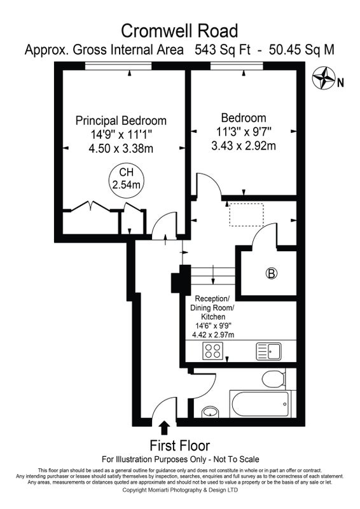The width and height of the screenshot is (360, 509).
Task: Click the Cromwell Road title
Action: [x=179, y=31]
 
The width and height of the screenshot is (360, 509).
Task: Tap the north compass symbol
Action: [x=323, y=78]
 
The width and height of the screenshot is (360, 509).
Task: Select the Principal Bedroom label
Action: [x=121, y=120]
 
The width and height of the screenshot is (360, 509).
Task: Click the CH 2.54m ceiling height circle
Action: [x=126, y=180]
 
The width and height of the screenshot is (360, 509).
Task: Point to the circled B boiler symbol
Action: [x=272, y=274]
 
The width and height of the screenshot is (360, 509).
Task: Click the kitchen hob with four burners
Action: [x=213, y=351]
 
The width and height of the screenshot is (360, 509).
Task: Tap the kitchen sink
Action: [x=269, y=351]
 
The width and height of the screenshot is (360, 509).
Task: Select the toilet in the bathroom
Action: [x=273, y=379]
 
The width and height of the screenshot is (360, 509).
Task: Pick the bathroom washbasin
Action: [x=211, y=412]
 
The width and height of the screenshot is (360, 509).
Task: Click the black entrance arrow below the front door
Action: [x=165, y=428]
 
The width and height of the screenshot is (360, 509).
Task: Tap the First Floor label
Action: [x=179, y=445]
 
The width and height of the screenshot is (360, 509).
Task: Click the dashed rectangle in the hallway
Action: [x=246, y=214]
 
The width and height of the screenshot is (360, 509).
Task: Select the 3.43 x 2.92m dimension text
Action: [x=244, y=146]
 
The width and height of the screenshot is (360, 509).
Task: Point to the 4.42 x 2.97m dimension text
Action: [x=213, y=335]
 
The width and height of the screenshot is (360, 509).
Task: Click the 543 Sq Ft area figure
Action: [x=223, y=50]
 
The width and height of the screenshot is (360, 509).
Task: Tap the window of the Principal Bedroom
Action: [x=118, y=66]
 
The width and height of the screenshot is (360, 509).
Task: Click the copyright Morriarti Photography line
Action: [x=180, y=490]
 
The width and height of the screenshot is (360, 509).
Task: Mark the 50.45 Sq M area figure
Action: [x=301, y=50]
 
